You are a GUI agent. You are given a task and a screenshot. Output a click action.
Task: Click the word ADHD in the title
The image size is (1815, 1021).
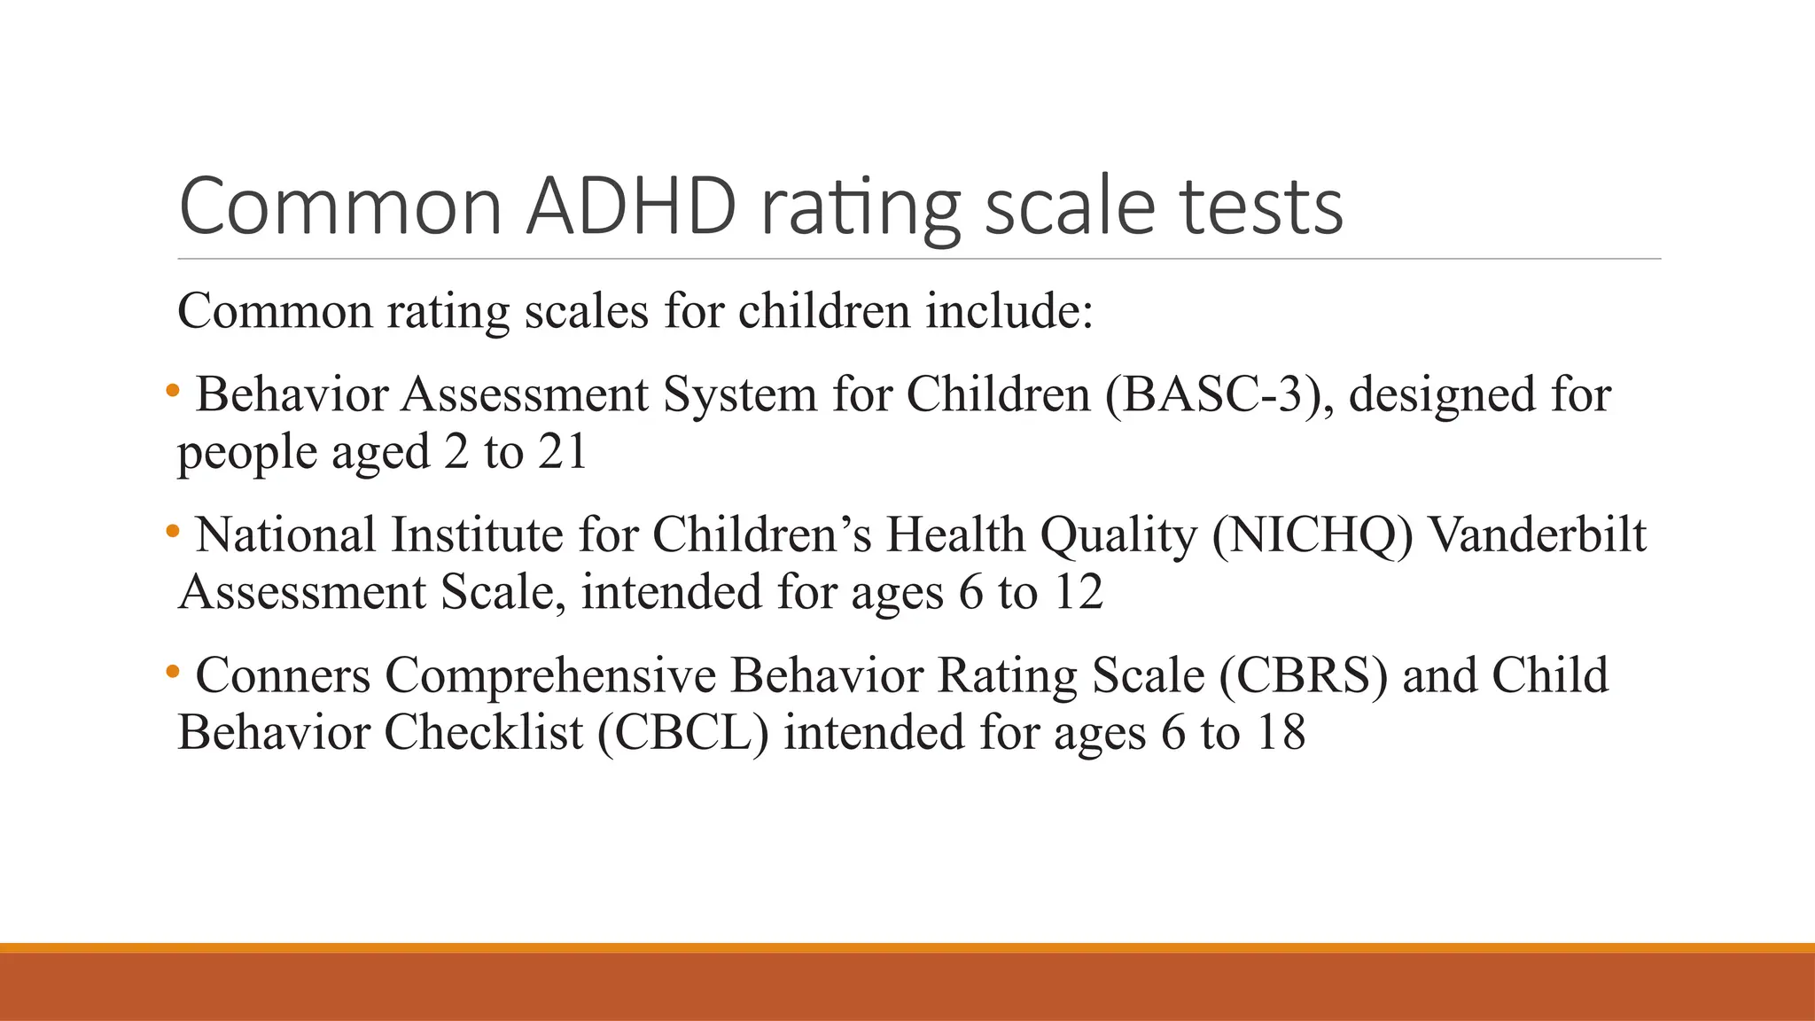pos(631,207)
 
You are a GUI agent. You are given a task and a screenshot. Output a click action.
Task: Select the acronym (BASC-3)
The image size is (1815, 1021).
pos(1219,394)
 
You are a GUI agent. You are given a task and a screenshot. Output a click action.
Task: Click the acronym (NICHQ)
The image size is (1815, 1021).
pos(1313,535)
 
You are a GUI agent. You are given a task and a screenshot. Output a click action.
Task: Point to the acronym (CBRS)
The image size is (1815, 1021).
pos(1303,675)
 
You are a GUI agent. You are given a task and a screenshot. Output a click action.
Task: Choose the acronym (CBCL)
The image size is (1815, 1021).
pos(682,733)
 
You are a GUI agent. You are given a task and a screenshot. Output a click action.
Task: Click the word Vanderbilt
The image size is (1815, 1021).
pos(1538,535)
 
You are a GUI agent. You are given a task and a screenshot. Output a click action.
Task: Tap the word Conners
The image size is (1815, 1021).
pos(283,675)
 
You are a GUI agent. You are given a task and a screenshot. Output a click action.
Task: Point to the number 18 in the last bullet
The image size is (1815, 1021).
pos(1281,733)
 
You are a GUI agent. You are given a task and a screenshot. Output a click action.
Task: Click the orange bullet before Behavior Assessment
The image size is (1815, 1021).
pos(173,390)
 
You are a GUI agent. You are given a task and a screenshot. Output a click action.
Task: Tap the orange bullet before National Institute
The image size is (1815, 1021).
pos(173,531)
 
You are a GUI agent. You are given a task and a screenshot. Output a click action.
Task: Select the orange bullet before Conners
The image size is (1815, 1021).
pos(173,671)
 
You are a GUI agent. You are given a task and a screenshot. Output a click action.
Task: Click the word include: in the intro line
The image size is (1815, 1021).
pos(1009,311)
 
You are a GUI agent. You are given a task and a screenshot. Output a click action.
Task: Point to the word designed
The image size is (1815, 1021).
pos(1441,394)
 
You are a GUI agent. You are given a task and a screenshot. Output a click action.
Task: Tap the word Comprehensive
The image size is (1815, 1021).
pos(549,675)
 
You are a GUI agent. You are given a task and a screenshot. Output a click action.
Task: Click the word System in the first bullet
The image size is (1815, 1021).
pos(740,394)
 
